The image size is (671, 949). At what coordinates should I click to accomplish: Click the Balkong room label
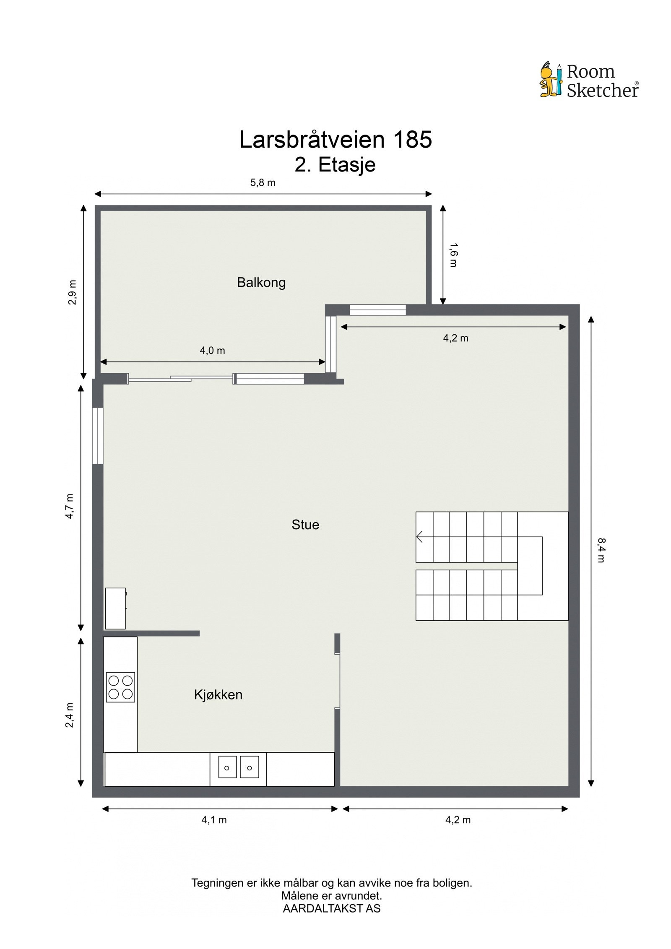(x=261, y=282)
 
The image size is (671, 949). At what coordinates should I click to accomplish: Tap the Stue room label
(x=305, y=525)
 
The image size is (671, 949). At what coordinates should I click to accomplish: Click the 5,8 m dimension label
(x=263, y=182)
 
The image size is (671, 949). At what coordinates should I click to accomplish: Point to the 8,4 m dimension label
(x=601, y=550)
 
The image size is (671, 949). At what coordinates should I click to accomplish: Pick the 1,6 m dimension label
(x=453, y=255)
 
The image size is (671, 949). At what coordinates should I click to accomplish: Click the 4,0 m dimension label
(x=212, y=350)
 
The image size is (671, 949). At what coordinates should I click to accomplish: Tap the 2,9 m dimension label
(x=72, y=292)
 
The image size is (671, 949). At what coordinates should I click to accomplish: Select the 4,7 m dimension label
(x=70, y=506)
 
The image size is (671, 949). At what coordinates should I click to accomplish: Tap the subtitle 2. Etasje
(x=335, y=164)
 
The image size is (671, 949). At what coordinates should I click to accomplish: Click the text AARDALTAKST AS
(x=331, y=908)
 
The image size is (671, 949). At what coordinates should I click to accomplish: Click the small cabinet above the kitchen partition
(x=115, y=608)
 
